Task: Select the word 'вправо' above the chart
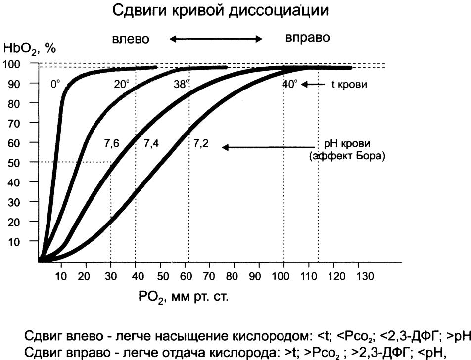[307, 38]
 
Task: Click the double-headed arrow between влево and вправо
[215, 39]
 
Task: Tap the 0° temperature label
[55, 84]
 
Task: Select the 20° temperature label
[121, 84]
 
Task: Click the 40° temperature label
[290, 84]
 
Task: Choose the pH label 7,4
[151, 144]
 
